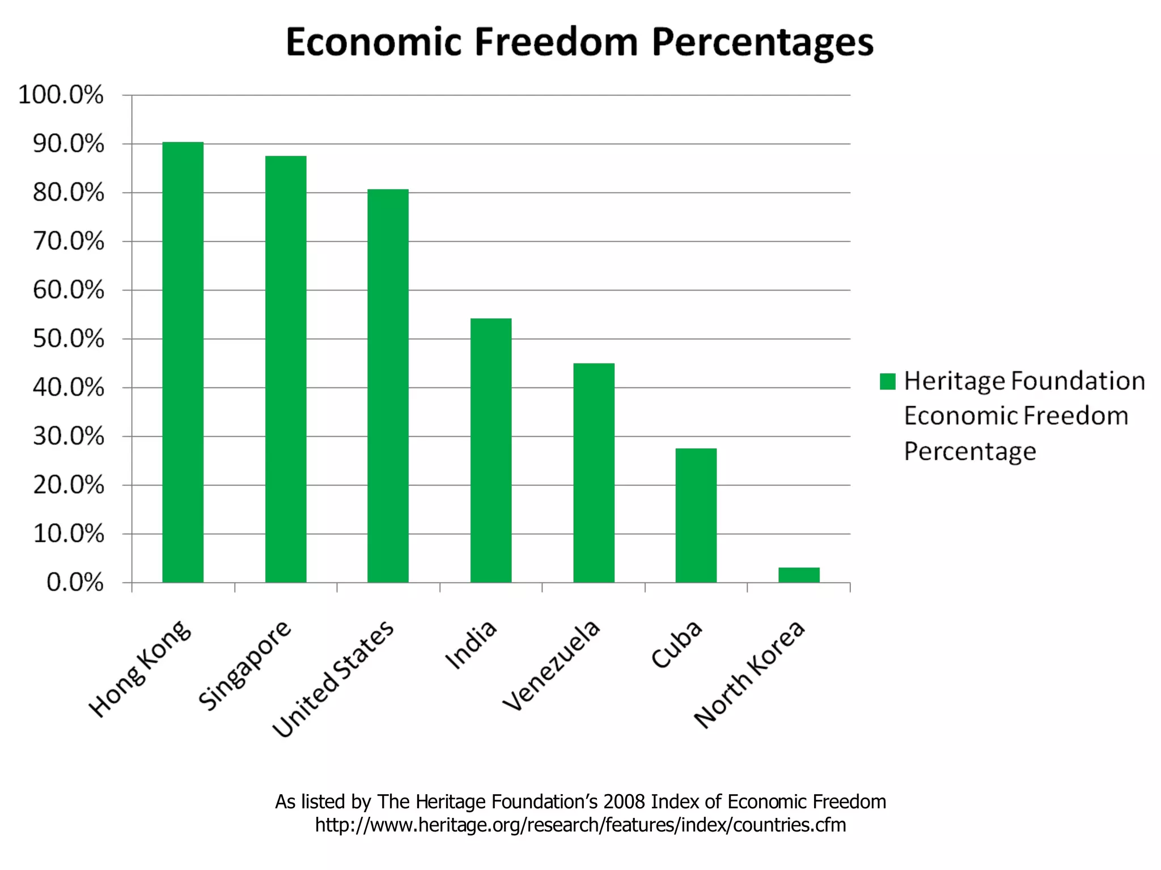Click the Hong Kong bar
click(183, 362)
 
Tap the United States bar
click(388, 386)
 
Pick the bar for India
click(491, 450)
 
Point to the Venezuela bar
click(594, 473)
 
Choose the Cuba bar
click(696, 515)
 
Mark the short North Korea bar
click(799, 575)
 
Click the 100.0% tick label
click(61, 95)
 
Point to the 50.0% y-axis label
click(69, 339)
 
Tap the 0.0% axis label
click(75, 582)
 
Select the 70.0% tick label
click(69, 241)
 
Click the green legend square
click(887, 381)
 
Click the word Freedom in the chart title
click(556, 42)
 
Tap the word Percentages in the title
click(762, 43)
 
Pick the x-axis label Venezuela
click(552, 665)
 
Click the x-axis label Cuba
click(677, 645)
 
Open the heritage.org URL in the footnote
click(580, 825)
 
